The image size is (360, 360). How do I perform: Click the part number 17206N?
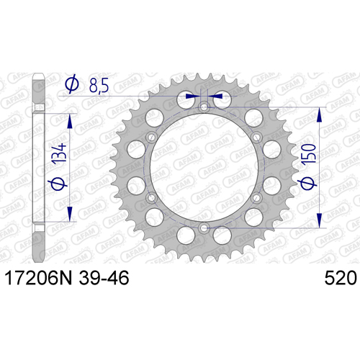coord(38,278)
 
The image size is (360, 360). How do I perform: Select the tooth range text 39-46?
coord(104,278)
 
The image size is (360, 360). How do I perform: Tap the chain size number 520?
coord(341,278)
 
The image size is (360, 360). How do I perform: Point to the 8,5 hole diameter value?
coord(99,85)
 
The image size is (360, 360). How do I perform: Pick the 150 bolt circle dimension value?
coord(309,155)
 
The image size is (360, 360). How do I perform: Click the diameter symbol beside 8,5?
coord(72,84)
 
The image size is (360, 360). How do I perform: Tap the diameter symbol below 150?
coord(307,184)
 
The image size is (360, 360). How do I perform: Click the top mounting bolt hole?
coord(204,107)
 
